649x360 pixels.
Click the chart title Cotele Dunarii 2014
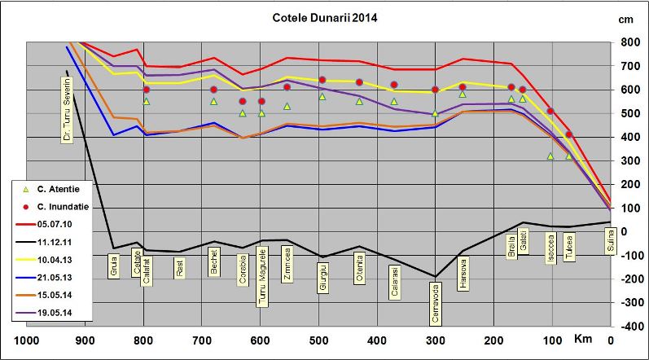coord(324,17)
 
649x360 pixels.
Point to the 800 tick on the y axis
coord(630,42)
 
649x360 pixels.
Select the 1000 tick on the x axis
coord(27,340)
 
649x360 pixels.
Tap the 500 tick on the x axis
coord(318,340)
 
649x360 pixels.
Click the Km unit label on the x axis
coord(582,338)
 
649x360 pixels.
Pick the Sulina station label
coord(608,240)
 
